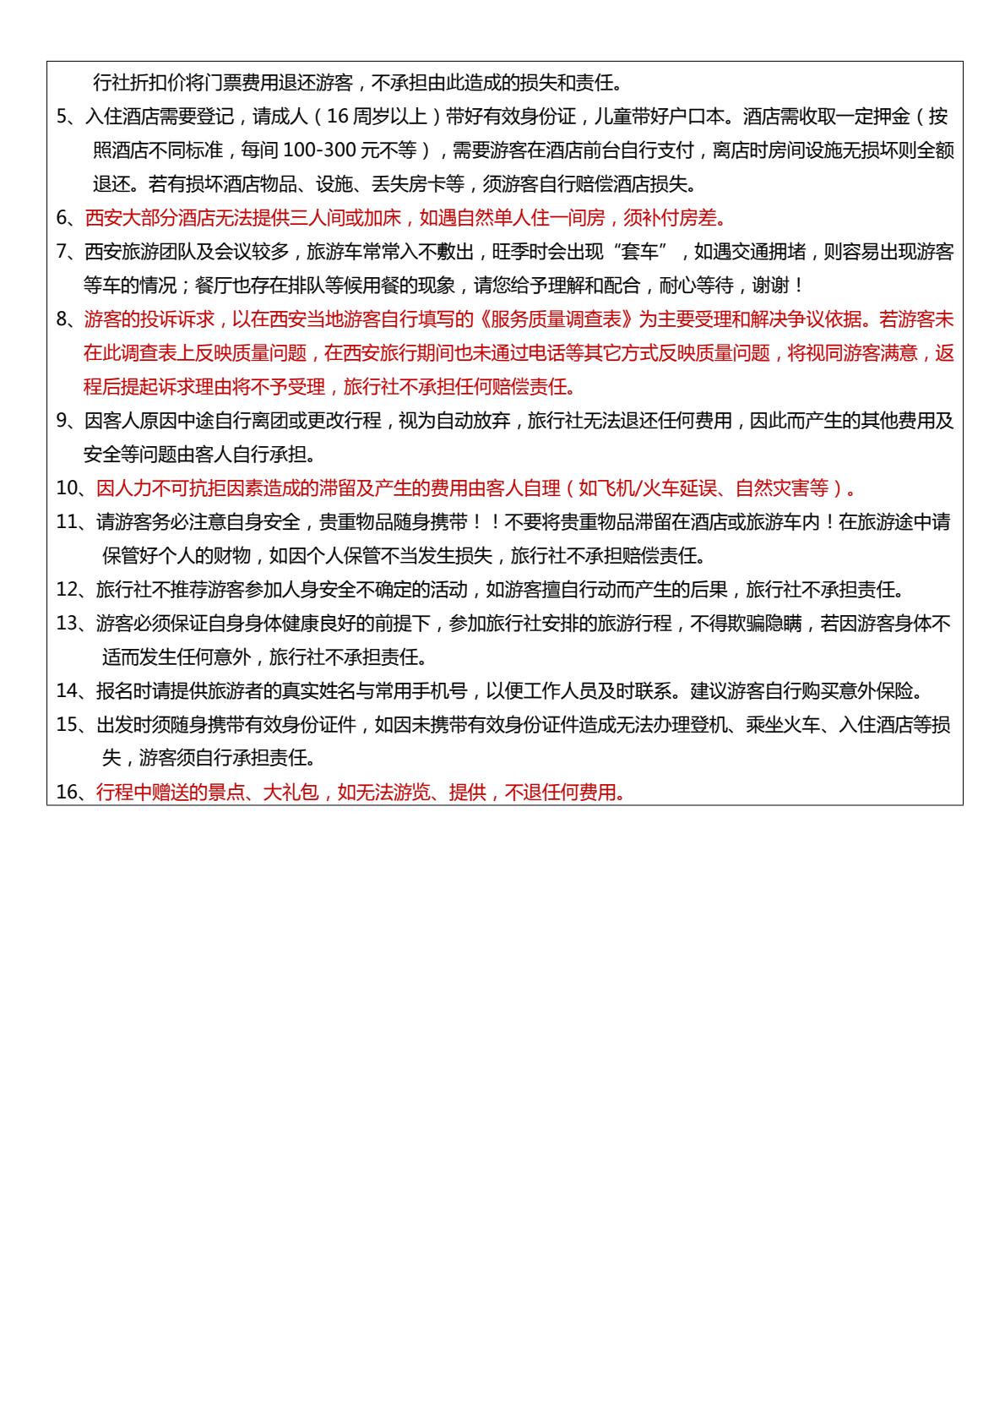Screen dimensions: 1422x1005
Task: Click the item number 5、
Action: [68, 117]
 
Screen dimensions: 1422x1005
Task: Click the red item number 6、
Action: [68, 219]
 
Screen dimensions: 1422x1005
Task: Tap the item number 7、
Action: [68, 253]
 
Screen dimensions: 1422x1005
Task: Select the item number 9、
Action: [68, 422]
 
